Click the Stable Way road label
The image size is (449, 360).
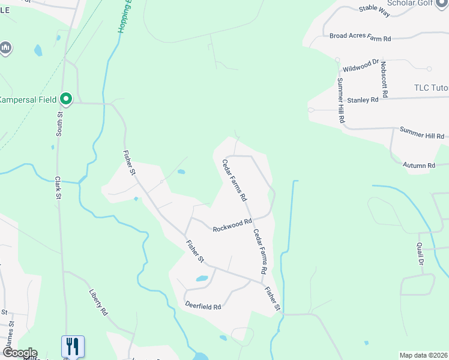point(375,8)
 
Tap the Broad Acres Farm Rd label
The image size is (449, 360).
point(360,37)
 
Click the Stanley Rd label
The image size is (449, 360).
point(363,100)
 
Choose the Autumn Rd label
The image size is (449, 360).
point(419,166)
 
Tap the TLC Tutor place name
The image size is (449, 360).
point(431,88)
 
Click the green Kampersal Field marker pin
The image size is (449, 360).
point(66,98)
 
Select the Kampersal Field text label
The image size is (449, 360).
point(28,100)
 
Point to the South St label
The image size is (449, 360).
point(59,124)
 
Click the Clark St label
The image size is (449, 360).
point(59,187)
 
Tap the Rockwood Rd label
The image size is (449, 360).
point(232,225)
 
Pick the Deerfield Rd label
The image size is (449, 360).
point(203,306)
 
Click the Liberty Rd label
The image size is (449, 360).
point(98,304)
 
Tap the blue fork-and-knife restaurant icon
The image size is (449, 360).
point(73,346)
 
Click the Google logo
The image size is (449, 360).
point(19,353)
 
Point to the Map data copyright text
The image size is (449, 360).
point(423,355)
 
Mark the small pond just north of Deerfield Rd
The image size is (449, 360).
point(202,278)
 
